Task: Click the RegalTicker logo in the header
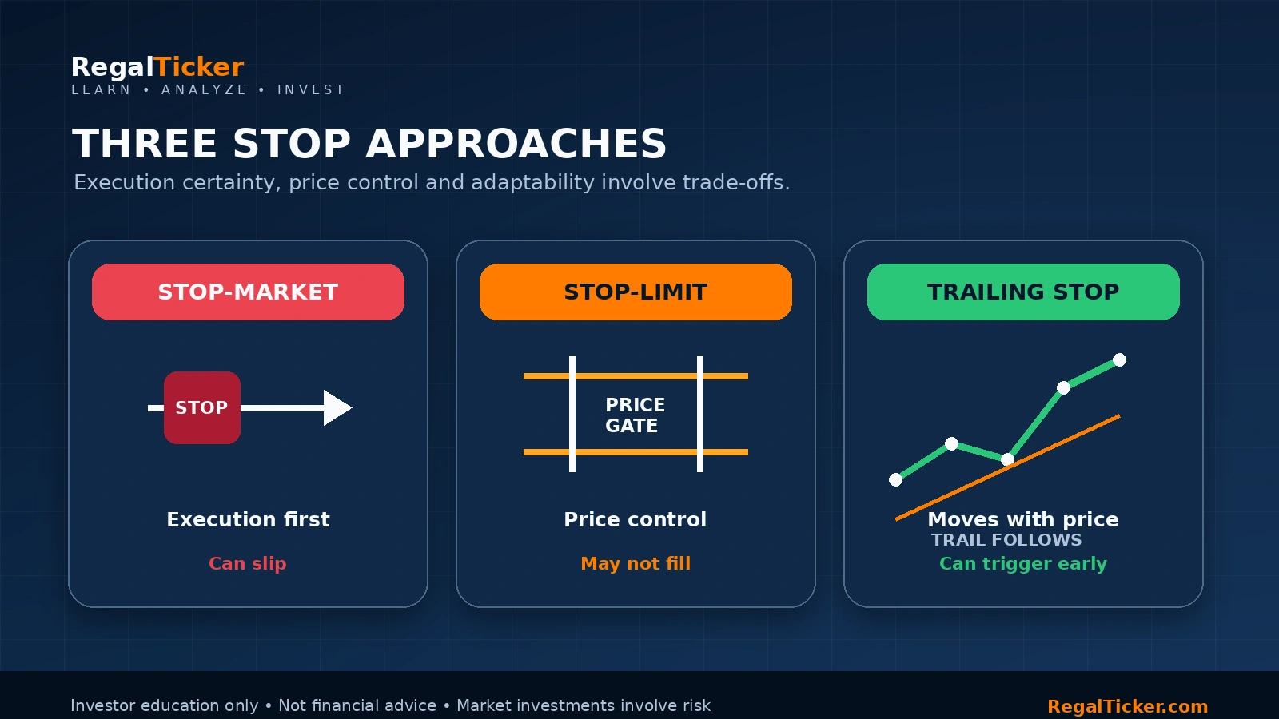point(157,67)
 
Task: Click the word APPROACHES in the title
point(516,143)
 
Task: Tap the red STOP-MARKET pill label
point(248,292)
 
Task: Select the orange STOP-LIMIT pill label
point(636,292)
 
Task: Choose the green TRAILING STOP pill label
point(1023,292)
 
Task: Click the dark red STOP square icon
point(202,407)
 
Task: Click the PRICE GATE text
point(635,415)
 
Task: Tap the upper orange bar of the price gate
point(636,376)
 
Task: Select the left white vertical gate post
point(572,414)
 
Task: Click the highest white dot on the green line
point(1119,360)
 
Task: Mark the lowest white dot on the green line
point(896,480)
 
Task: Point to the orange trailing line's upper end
point(1119,416)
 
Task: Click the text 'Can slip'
point(248,563)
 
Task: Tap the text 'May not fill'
point(636,563)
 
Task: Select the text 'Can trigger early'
point(1023,563)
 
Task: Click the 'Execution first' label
point(248,519)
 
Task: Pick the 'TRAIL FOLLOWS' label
point(1006,540)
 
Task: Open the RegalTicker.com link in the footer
point(1128,706)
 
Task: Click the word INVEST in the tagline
point(311,89)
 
